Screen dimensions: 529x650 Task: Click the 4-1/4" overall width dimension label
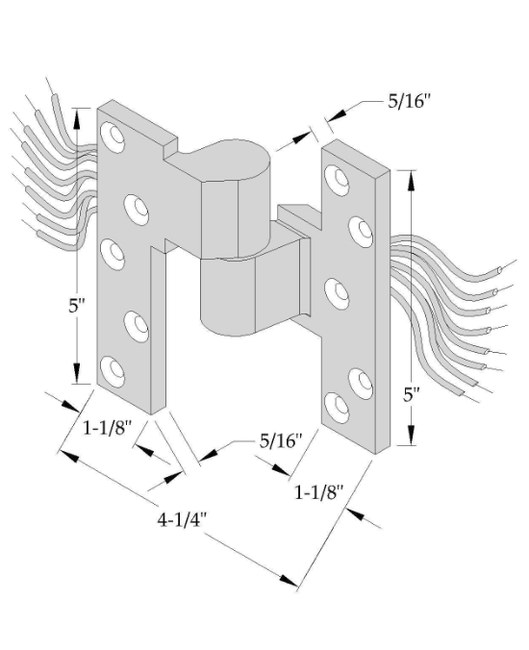point(181,519)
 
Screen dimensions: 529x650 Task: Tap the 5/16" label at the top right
point(410,101)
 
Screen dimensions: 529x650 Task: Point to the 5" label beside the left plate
point(77,307)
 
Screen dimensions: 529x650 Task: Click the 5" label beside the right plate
point(412,395)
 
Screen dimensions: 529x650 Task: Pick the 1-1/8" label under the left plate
point(108,427)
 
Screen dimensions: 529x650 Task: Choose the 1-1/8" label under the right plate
point(319,492)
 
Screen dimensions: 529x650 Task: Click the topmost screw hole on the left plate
point(113,137)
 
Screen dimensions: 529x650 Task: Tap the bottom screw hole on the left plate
point(113,372)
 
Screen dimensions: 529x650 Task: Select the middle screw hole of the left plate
point(113,255)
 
